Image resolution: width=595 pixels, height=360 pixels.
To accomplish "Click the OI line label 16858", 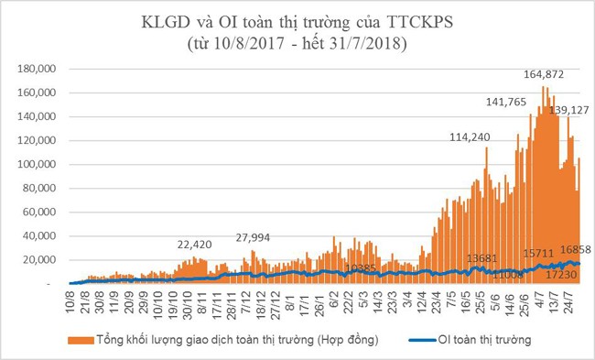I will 571,249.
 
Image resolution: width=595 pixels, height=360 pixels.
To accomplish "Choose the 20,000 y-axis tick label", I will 43,260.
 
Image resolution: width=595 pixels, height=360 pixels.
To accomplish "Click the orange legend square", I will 71,340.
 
